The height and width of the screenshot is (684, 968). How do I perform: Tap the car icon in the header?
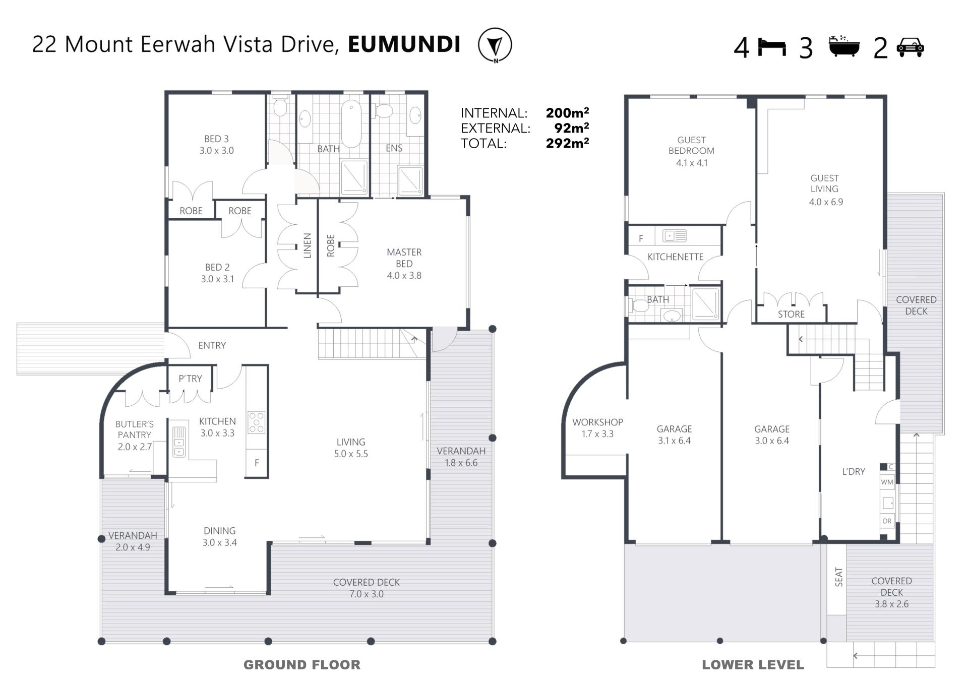pyautogui.click(x=910, y=47)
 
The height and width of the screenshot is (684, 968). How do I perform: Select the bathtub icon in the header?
pyautogui.click(x=844, y=46)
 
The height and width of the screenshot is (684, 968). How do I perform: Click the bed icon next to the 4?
pyautogui.click(x=772, y=47)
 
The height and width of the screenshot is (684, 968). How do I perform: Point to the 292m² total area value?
pyautogui.click(x=567, y=143)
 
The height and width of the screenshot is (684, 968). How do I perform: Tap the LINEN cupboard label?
pyautogui.click(x=307, y=245)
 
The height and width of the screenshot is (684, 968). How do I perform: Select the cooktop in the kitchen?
pyautogui.click(x=256, y=422)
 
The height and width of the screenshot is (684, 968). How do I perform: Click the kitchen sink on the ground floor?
pyautogui.click(x=179, y=442)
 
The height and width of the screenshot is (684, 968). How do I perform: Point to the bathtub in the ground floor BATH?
pyautogui.click(x=351, y=123)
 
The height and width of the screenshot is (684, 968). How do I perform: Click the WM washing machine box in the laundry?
pyautogui.click(x=887, y=482)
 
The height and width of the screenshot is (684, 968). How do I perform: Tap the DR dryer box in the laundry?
pyautogui.click(x=887, y=521)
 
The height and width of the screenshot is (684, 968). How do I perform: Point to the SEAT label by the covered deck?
pyautogui.click(x=838, y=577)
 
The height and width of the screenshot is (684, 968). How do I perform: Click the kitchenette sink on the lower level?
pyautogui.click(x=674, y=235)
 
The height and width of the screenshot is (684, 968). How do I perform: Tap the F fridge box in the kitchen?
pyautogui.click(x=257, y=463)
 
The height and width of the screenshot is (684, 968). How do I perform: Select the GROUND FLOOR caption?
pyautogui.click(x=302, y=665)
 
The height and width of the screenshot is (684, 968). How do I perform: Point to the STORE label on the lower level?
pyautogui.click(x=791, y=314)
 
